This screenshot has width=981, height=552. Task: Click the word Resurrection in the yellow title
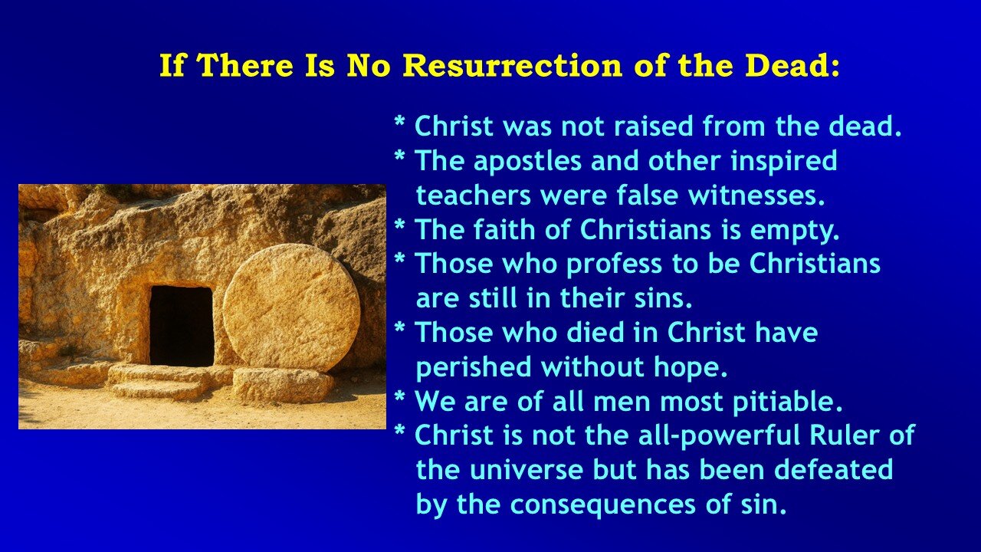pyautogui.click(x=513, y=66)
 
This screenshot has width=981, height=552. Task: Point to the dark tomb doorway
pyautogui.click(x=182, y=326)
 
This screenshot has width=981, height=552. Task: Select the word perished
pyautogui.click(x=474, y=367)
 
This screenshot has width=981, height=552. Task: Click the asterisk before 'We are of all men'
pyautogui.click(x=399, y=399)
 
